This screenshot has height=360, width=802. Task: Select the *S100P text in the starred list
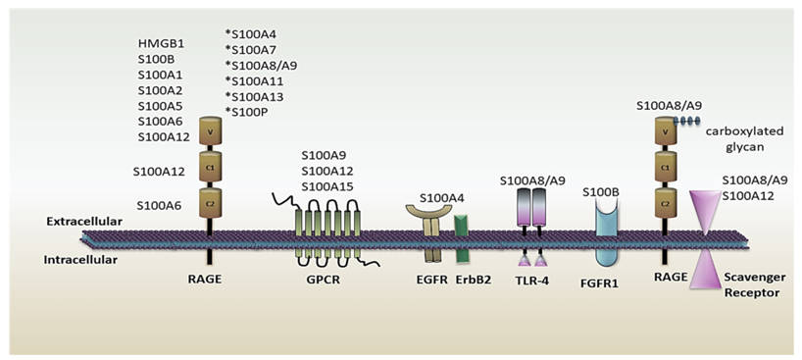point(247,112)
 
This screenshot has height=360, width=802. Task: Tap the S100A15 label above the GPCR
point(328,187)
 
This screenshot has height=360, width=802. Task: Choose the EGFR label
point(433,279)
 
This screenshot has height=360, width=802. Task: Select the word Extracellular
point(84,223)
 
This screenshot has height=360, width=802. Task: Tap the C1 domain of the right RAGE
point(666,168)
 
